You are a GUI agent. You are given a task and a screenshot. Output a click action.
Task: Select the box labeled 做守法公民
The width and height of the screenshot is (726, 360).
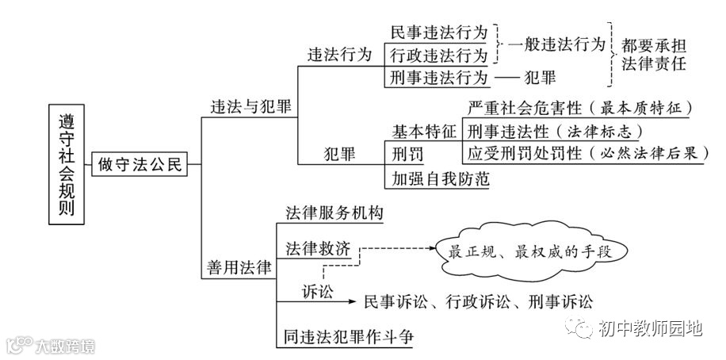pyautogui.click(x=140, y=165)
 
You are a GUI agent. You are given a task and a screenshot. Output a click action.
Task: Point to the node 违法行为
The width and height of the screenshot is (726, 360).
pyautogui.click(x=339, y=55)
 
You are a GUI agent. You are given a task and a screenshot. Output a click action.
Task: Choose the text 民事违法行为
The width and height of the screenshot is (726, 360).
pyautogui.click(x=438, y=33)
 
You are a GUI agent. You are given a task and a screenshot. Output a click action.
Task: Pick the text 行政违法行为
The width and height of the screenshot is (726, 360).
pyautogui.click(x=438, y=55)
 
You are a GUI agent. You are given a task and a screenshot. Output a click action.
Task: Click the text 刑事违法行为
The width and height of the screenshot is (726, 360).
pyautogui.click(x=438, y=78)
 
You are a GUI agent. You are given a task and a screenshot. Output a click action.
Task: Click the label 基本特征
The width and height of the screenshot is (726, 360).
pyautogui.click(x=424, y=130)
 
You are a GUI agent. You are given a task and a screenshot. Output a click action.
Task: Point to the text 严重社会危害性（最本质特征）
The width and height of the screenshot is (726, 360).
pyautogui.click(x=579, y=107)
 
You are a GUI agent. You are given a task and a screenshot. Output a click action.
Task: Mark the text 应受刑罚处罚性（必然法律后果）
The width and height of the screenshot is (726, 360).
pyautogui.click(x=585, y=152)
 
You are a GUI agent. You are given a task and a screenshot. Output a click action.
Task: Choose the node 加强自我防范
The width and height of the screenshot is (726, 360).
pyautogui.click(x=436, y=178)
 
